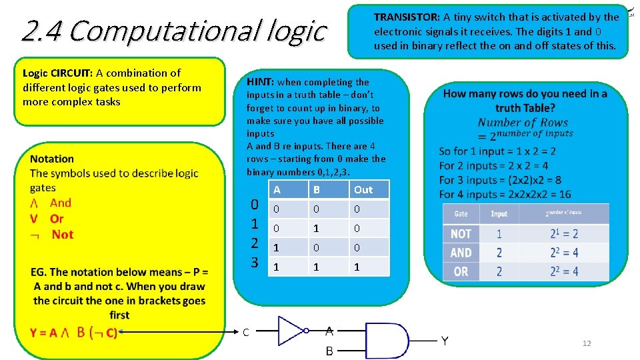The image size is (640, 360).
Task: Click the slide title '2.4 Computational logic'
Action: (174, 31)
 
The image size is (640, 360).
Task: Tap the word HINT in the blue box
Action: (260, 82)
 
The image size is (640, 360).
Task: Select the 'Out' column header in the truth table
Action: (363, 190)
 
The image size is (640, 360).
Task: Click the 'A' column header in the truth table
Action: (277, 190)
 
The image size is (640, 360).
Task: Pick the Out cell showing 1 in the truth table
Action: (357, 267)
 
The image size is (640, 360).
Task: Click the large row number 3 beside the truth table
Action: (254, 262)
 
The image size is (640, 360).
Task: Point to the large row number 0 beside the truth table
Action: (254, 205)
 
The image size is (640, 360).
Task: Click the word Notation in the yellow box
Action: (52, 159)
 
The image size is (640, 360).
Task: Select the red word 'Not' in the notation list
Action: (63, 235)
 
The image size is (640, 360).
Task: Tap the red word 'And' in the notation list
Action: (61, 203)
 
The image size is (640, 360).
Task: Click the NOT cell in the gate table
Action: (461, 234)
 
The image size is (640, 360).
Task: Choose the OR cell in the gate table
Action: (461, 271)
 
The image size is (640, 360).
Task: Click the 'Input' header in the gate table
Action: (499, 214)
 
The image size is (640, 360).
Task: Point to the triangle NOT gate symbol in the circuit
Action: (291, 330)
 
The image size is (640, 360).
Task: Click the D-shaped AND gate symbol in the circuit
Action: (386, 341)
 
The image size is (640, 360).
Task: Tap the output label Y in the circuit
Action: (445, 341)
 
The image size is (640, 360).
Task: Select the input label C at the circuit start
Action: (246, 332)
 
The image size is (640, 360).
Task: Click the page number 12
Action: (587, 343)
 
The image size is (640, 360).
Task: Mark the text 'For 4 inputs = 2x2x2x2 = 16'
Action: (505, 194)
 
